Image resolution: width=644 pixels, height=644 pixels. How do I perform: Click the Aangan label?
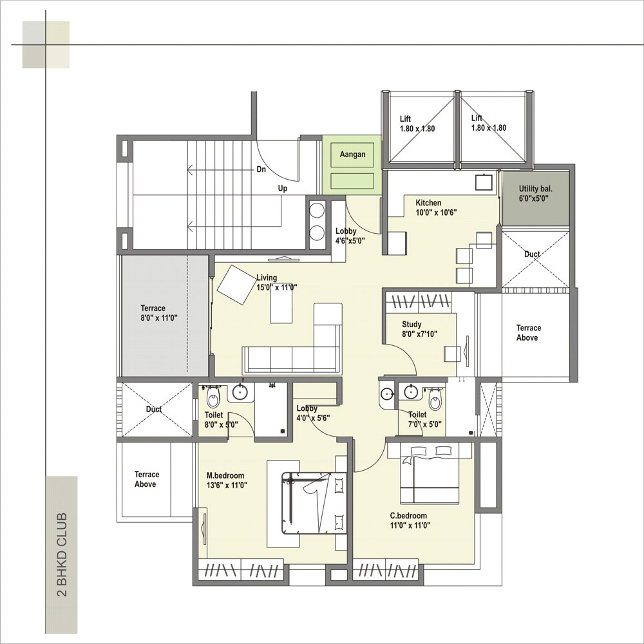352,155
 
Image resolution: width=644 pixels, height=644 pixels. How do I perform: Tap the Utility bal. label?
535,189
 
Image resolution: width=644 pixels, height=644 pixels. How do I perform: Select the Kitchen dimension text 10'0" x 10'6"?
436,213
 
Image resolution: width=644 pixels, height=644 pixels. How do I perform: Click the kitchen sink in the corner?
484,182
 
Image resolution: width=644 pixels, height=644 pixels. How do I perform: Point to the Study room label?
412,324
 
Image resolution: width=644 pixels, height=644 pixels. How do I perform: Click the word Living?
267,278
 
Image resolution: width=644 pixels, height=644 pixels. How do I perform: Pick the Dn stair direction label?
261,169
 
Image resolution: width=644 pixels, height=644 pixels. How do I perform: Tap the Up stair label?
283,188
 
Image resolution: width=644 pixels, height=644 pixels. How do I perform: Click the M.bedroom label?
225,476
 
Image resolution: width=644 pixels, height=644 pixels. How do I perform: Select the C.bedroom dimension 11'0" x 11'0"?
410,525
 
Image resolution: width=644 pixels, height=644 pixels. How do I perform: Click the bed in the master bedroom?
314,503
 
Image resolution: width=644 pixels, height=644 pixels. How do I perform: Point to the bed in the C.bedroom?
430,475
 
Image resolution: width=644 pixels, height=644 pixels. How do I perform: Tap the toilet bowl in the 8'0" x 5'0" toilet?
213,397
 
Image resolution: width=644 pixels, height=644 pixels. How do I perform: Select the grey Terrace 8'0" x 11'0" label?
158,313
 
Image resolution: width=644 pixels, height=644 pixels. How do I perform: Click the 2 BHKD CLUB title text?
62,554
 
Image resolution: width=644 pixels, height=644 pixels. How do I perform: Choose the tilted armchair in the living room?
236,285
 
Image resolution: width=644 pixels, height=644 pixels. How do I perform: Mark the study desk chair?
452,354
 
